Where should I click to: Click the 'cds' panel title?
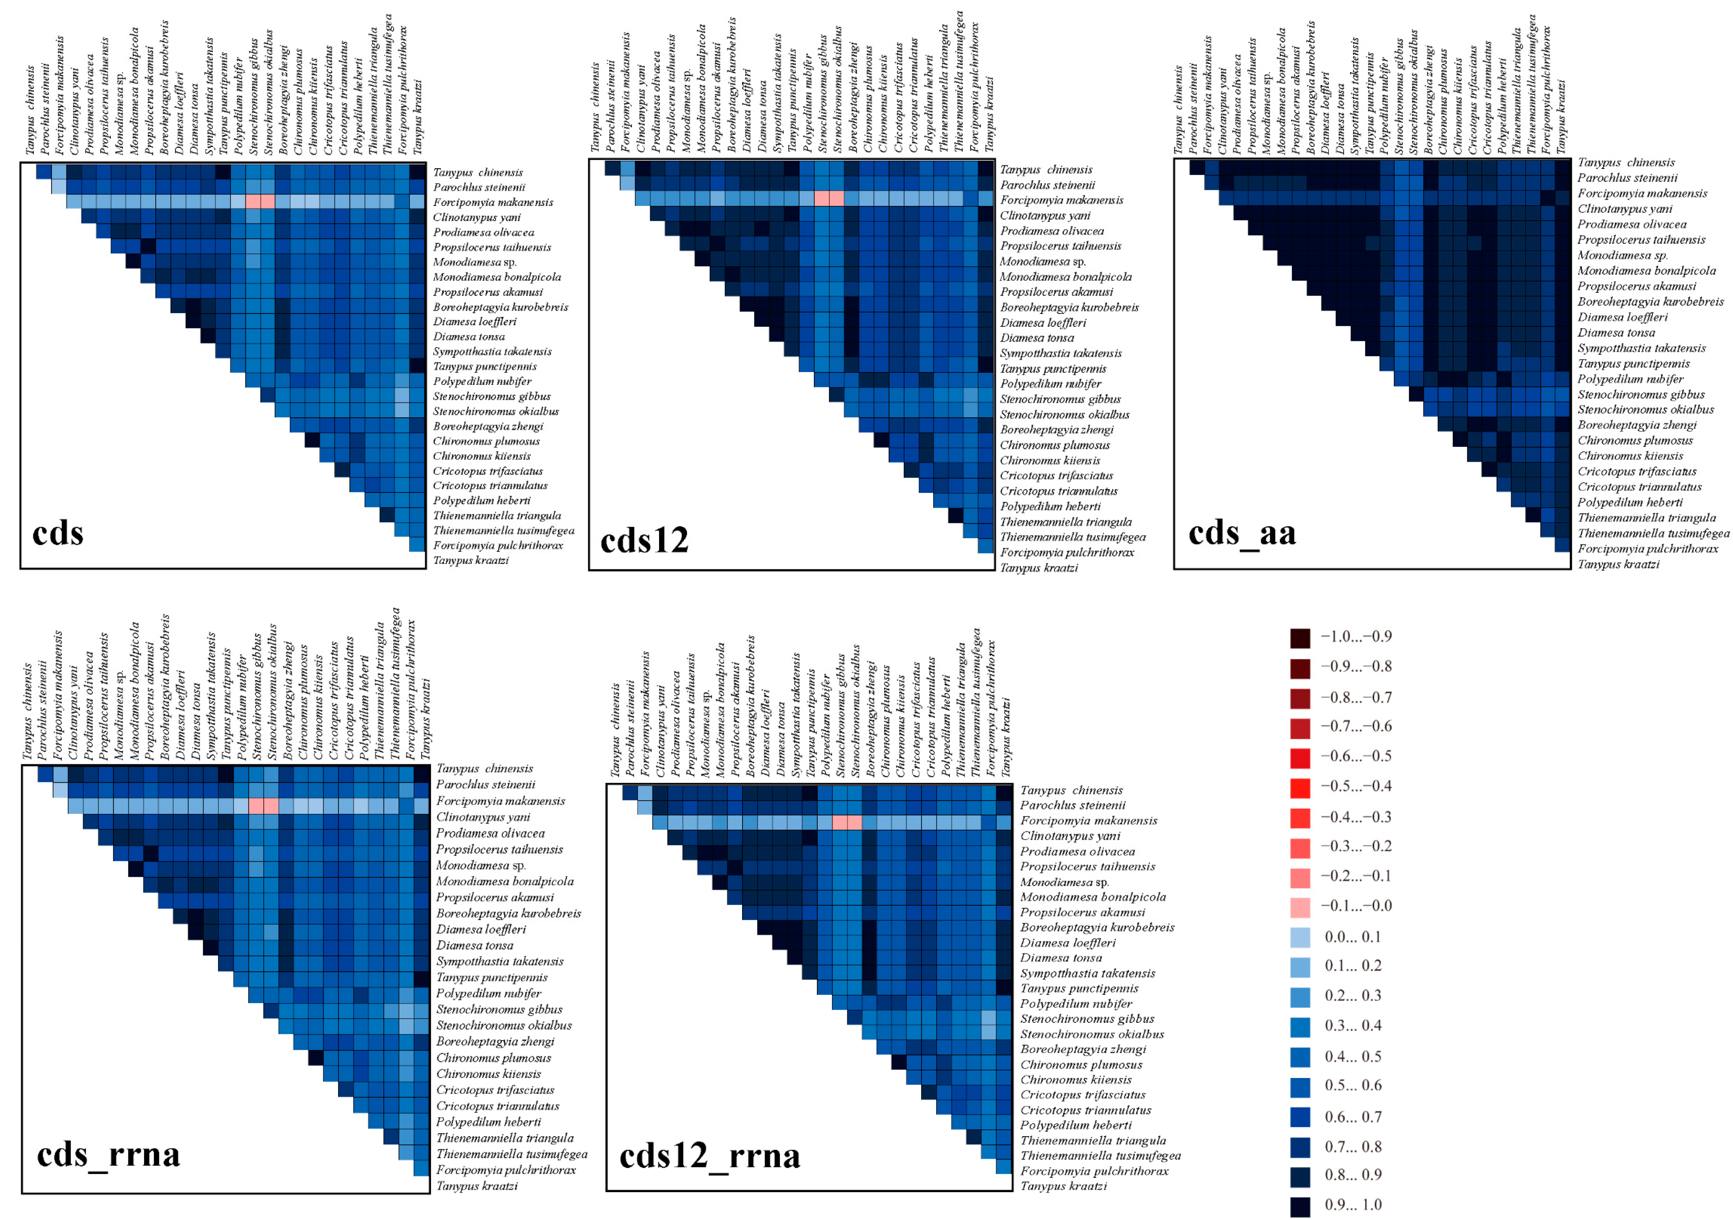pyautogui.click(x=58, y=533)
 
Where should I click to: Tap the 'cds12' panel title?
pyautogui.click(x=644, y=541)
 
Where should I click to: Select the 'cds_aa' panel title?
pyautogui.click(x=1242, y=534)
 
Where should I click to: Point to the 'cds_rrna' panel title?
pyautogui.click(x=109, y=1154)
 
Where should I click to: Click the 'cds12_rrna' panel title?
pyautogui.click(x=709, y=1156)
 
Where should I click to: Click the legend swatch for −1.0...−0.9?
pyautogui.click(x=1300, y=638)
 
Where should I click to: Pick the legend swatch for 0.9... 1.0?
pyautogui.click(x=1300, y=1205)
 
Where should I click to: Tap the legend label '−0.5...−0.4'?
pyautogui.click(x=1356, y=786)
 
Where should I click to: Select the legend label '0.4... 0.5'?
pyautogui.click(x=1353, y=1056)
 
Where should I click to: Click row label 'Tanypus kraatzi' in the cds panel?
pyautogui.click(x=470, y=560)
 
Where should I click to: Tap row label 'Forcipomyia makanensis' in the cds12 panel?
pyautogui.click(x=1061, y=200)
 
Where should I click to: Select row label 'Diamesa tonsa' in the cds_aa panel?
pyautogui.click(x=1616, y=332)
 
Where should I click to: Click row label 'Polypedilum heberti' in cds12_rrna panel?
pyautogui.click(x=1076, y=1125)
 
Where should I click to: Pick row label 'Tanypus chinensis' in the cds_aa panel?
pyautogui.click(x=1626, y=162)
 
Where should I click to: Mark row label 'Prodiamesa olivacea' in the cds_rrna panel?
pyautogui.click(x=490, y=833)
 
